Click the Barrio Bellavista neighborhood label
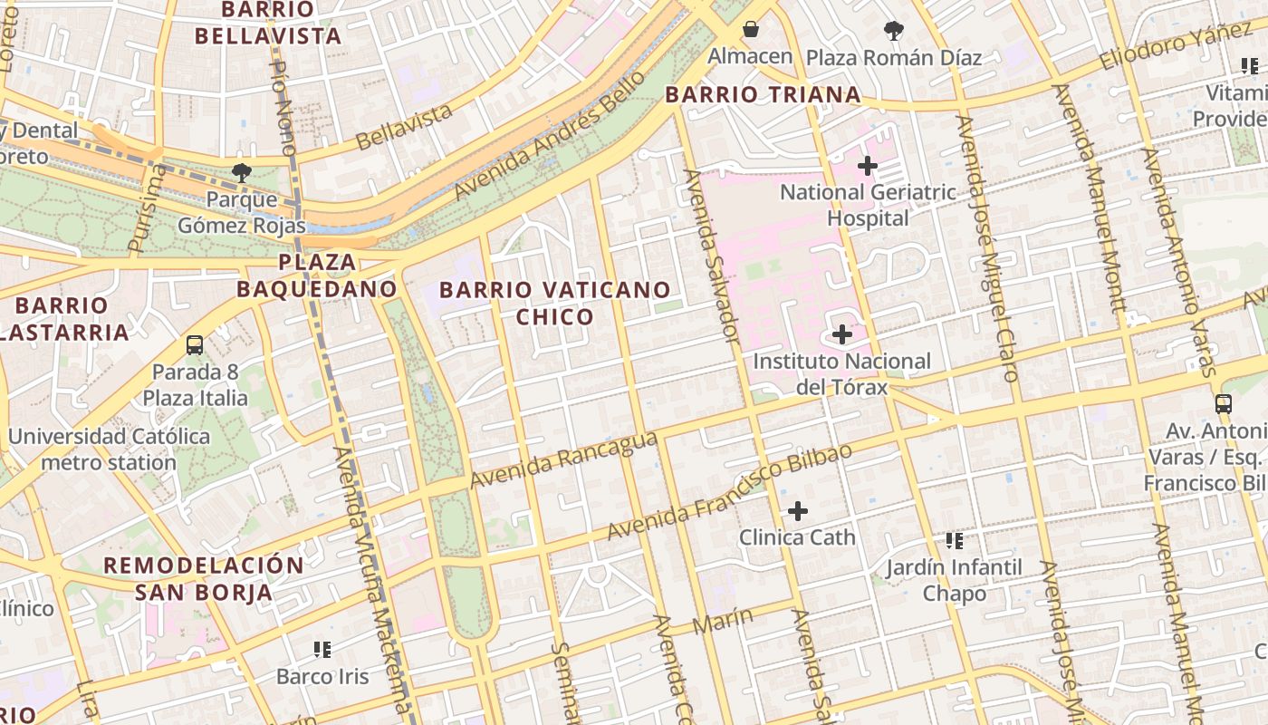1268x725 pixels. click(268, 23)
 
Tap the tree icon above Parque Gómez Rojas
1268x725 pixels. click(241, 172)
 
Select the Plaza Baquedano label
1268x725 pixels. click(316, 275)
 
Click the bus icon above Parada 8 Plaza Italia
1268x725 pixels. click(195, 345)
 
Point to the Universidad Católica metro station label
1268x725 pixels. click(109, 449)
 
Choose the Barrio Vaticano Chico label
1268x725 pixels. click(554, 304)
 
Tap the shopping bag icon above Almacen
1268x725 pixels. click(750, 30)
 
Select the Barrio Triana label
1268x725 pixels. click(763, 94)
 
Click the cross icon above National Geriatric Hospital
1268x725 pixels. click(867, 166)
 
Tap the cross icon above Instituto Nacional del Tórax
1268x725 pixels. click(842, 334)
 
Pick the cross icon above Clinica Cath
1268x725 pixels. click(797, 511)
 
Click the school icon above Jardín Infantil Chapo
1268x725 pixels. click(954, 541)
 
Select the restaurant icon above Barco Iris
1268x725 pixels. click(322, 650)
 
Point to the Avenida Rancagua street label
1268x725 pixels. click(562, 459)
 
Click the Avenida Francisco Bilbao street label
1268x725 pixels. click(729, 492)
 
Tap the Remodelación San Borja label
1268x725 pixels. click(204, 579)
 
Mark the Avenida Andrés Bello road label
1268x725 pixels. click(550, 136)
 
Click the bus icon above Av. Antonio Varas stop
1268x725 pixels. click(1224, 404)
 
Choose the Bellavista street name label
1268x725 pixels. click(404, 128)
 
